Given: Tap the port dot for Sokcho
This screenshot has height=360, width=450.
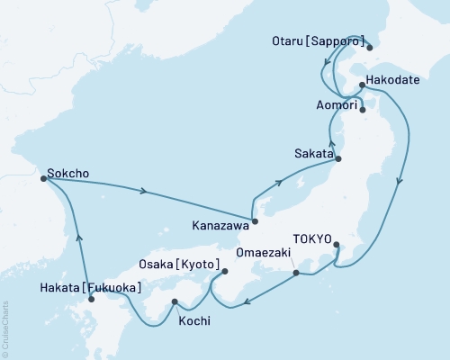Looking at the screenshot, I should [44, 178].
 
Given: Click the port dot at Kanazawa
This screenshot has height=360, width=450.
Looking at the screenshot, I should [256, 220].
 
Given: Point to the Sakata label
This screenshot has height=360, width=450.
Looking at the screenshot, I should [310, 155].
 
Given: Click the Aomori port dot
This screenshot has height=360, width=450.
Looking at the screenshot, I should [362, 111].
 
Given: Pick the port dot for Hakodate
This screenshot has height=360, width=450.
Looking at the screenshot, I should [361, 85].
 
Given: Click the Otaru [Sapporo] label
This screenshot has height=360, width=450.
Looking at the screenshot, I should [317, 41].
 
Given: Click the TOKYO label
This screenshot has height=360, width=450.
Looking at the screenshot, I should [314, 239].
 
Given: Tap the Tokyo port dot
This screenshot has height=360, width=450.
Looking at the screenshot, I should [337, 245].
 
